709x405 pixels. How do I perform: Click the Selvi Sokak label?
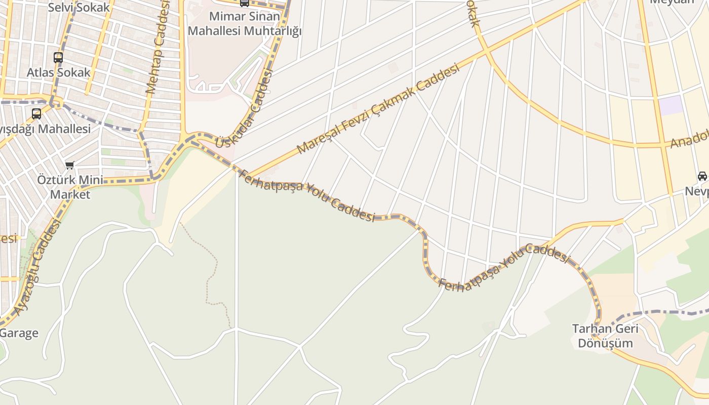coord(78,8)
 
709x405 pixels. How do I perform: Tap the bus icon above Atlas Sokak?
coord(58,58)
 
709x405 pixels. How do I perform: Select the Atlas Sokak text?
coord(58,72)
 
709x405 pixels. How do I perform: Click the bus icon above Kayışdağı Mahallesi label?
coord(36,114)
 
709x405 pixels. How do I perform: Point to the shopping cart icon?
coord(70,165)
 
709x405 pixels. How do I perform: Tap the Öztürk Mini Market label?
coord(70,187)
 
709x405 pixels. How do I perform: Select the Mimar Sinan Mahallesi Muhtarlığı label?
coord(245,24)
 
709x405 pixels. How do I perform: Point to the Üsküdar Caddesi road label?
coord(244,109)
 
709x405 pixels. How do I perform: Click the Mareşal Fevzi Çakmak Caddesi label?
coord(378,108)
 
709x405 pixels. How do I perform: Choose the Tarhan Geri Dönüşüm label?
coord(605,336)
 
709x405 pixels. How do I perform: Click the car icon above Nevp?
coord(702,176)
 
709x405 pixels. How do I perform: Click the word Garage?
coord(19,333)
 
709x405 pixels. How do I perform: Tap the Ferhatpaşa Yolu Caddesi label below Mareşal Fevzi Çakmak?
coord(306,195)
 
